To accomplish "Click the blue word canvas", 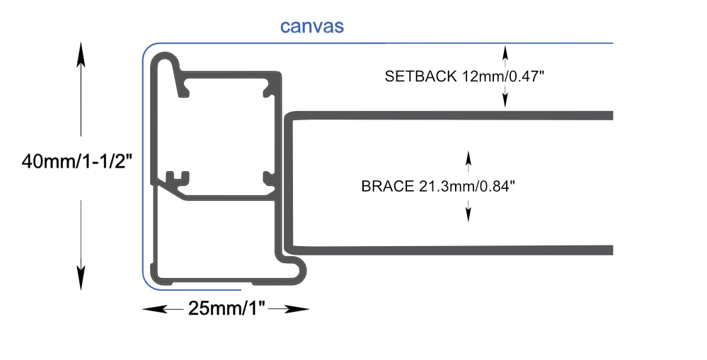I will pos(312,27).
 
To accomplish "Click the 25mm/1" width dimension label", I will pos(226,308).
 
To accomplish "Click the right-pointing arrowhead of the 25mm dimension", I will pos(300,309).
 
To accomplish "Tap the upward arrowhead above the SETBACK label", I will pos(505,51).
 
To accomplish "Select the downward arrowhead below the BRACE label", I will pos(467,214).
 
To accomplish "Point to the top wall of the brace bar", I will pos(453,115).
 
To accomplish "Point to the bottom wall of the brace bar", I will pos(453,250).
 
